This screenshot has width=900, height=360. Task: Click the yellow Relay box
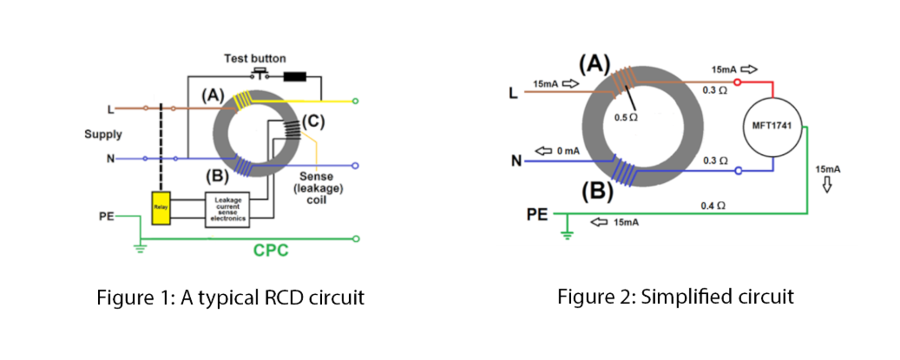[161, 208]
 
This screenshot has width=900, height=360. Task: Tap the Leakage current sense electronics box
[227, 208]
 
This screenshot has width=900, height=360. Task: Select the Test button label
[249, 59]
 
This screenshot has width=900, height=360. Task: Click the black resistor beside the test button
[294, 75]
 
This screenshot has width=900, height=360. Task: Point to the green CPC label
[271, 251]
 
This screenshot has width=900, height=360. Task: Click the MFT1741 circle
[775, 128]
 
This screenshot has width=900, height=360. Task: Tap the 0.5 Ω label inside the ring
[626, 117]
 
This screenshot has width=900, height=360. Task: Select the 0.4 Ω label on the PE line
[713, 206]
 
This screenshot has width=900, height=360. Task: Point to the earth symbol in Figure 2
[567, 232]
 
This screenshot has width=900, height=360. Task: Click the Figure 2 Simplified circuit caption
[675, 298]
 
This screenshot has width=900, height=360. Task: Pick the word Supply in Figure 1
[102, 134]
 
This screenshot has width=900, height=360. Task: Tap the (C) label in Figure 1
[312, 122]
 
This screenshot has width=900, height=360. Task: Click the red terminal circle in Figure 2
[738, 83]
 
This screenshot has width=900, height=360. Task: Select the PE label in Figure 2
[538, 213]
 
